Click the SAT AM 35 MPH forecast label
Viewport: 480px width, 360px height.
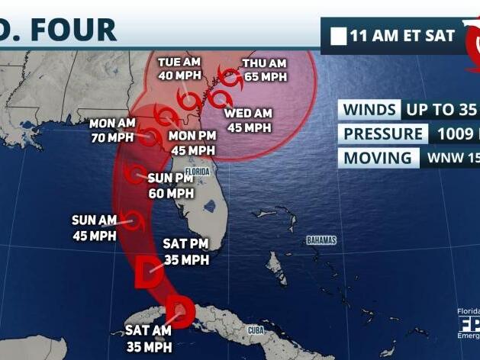point(149,339)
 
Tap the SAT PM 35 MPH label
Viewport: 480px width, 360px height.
point(185,252)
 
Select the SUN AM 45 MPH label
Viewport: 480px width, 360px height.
point(94,227)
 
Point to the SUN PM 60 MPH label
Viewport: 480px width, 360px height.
point(171,186)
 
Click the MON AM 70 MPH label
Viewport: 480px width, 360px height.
point(111,130)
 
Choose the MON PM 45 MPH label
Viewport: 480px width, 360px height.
point(192,143)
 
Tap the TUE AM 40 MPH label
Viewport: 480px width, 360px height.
point(179,69)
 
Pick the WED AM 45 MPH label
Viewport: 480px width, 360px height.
point(248,121)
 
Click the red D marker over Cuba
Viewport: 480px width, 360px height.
point(180,310)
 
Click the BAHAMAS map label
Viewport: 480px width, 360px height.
point(321,240)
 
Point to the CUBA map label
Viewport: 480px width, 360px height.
point(256,329)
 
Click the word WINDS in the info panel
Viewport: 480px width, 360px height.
point(369,109)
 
